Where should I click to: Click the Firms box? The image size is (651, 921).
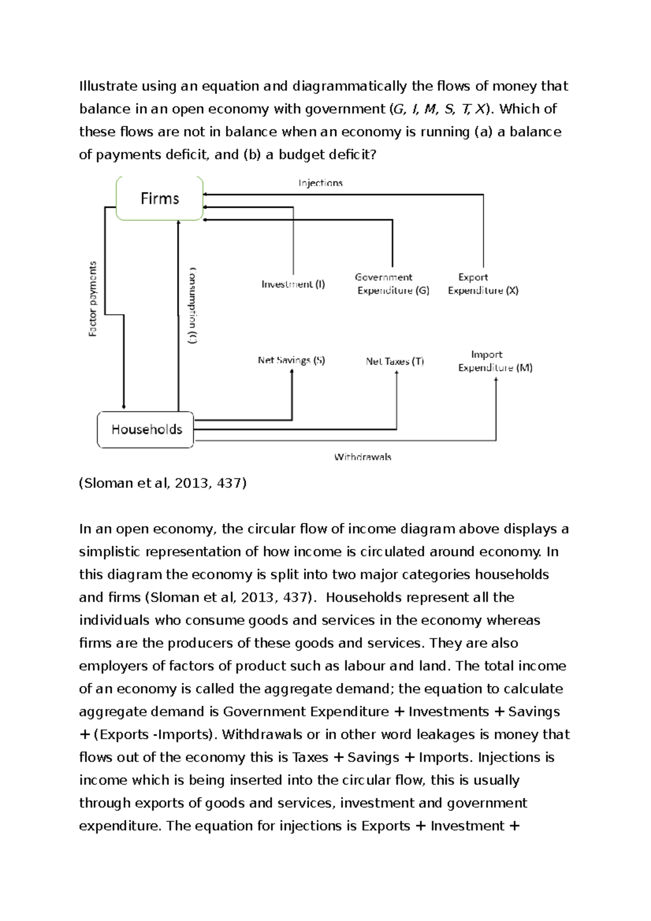click(x=159, y=199)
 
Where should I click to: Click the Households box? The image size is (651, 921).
click(x=145, y=430)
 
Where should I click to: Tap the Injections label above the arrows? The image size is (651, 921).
click(x=320, y=183)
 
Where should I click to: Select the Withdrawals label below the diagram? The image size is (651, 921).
click(x=362, y=457)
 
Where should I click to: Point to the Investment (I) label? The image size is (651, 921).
click(x=293, y=284)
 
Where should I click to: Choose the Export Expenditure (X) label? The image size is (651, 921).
click(x=483, y=284)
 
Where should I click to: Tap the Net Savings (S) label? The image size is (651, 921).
click(x=291, y=360)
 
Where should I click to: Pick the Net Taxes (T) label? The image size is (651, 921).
click(x=394, y=361)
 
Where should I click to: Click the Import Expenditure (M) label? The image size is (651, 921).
click(x=495, y=361)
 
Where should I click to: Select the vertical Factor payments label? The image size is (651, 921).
click(x=93, y=299)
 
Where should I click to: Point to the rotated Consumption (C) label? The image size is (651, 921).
click(x=193, y=305)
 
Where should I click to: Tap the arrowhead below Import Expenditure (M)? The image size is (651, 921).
click(x=496, y=380)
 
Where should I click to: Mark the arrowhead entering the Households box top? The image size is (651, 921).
click(x=124, y=406)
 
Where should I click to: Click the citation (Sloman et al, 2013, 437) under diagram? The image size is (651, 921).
click(x=163, y=483)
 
